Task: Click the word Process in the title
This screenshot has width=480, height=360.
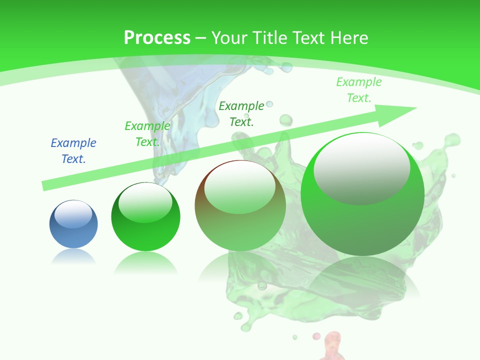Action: [x=157, y=38]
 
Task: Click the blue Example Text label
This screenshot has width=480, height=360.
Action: [x=73, y=151]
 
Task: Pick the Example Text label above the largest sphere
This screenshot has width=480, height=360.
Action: [x=358, y=90]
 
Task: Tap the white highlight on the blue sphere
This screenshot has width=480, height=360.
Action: [x=73, y=214]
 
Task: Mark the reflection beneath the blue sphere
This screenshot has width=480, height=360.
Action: [x=73, y=257]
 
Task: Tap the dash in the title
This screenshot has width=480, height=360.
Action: [x=200, y=38]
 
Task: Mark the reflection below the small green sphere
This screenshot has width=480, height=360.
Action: [x=145, y=262]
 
